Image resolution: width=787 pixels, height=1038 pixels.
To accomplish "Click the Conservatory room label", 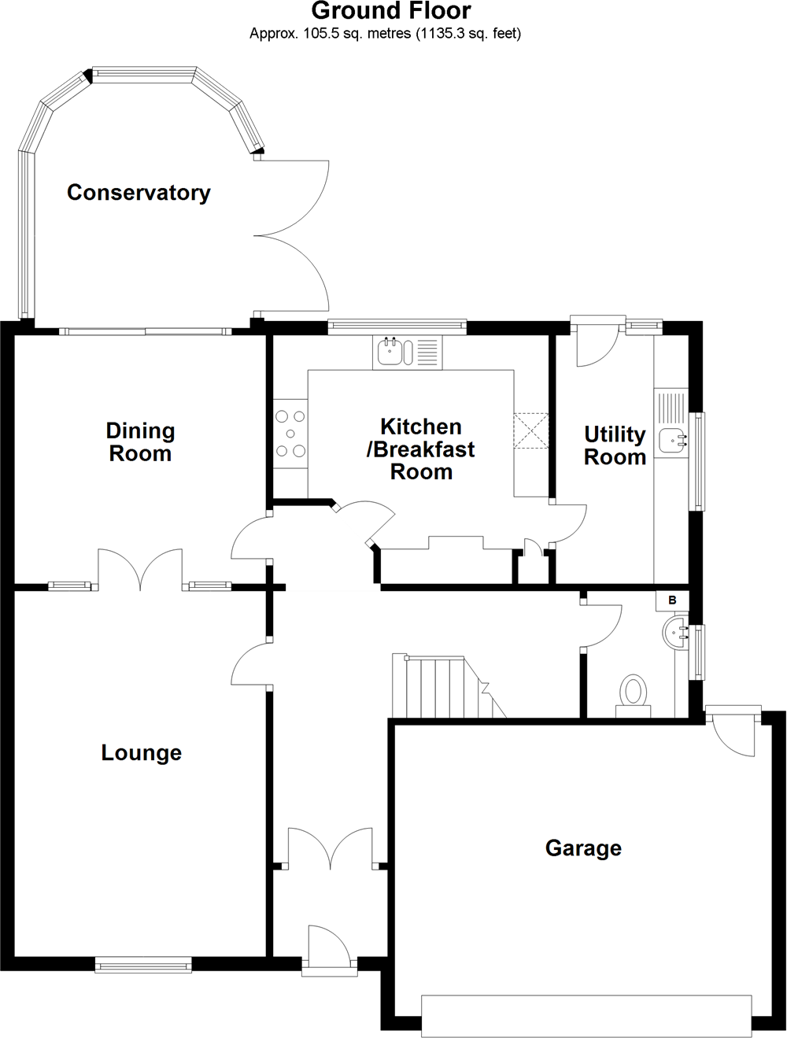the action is [139, 193].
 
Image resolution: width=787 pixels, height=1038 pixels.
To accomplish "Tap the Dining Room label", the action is [140, 442].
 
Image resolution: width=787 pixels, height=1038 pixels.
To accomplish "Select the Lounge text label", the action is [142, 753].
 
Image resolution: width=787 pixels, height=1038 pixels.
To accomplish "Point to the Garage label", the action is [583, 848].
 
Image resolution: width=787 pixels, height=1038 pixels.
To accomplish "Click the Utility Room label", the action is [615, 445].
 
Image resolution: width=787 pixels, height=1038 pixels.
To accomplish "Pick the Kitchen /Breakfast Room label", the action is [420, 449].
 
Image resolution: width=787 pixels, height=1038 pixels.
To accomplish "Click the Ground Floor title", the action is [391, 11].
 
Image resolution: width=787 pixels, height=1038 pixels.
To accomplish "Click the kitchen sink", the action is [408, 353].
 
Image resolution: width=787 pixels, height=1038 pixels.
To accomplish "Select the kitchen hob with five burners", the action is [290, 434].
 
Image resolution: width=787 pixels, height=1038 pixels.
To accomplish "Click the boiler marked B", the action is [672, 600].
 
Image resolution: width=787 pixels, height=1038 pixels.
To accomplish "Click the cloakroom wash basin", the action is [676, 633].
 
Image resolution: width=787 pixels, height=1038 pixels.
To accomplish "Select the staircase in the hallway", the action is [449, 686].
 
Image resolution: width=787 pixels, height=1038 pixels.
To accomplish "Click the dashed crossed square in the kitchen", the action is [531, 430].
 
